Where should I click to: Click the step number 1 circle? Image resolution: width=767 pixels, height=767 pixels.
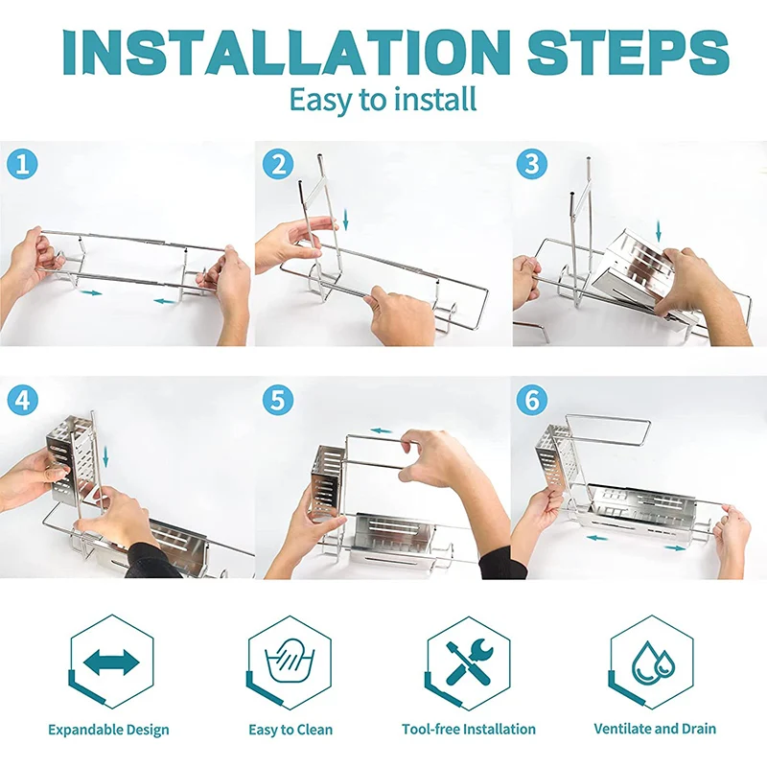point(22,164)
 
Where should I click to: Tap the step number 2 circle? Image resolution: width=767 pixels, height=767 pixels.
point(278,164)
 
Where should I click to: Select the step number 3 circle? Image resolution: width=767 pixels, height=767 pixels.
point(532,164)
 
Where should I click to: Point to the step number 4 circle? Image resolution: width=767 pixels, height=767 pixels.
point(22,400)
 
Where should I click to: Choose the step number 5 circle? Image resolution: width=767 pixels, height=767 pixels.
point(278,400)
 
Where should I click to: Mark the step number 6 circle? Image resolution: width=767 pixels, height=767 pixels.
point(532,400)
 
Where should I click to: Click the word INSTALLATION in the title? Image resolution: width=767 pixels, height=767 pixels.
point(287,52)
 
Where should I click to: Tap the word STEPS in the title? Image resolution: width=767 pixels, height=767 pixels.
point(628,52)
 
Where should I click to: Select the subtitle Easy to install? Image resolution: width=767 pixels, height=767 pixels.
point(383,101)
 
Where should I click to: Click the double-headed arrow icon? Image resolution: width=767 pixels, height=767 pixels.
point(111,662)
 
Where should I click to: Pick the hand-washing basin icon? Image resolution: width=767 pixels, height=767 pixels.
point(290,662)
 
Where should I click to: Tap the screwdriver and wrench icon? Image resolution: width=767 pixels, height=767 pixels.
point(470,662)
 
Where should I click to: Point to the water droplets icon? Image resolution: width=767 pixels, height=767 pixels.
point(653,662)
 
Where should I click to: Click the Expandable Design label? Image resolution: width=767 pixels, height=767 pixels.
point(108,730)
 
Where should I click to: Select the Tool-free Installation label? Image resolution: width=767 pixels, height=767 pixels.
point(469,729)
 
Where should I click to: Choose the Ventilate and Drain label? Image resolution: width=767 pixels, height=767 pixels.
point(655,729)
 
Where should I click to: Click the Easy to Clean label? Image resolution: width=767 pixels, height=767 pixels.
point(291,730)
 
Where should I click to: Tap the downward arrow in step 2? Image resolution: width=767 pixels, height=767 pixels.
point(346,220)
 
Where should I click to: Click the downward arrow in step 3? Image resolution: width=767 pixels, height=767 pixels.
point(659,231)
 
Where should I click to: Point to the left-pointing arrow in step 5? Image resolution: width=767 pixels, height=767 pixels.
point(381,430)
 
